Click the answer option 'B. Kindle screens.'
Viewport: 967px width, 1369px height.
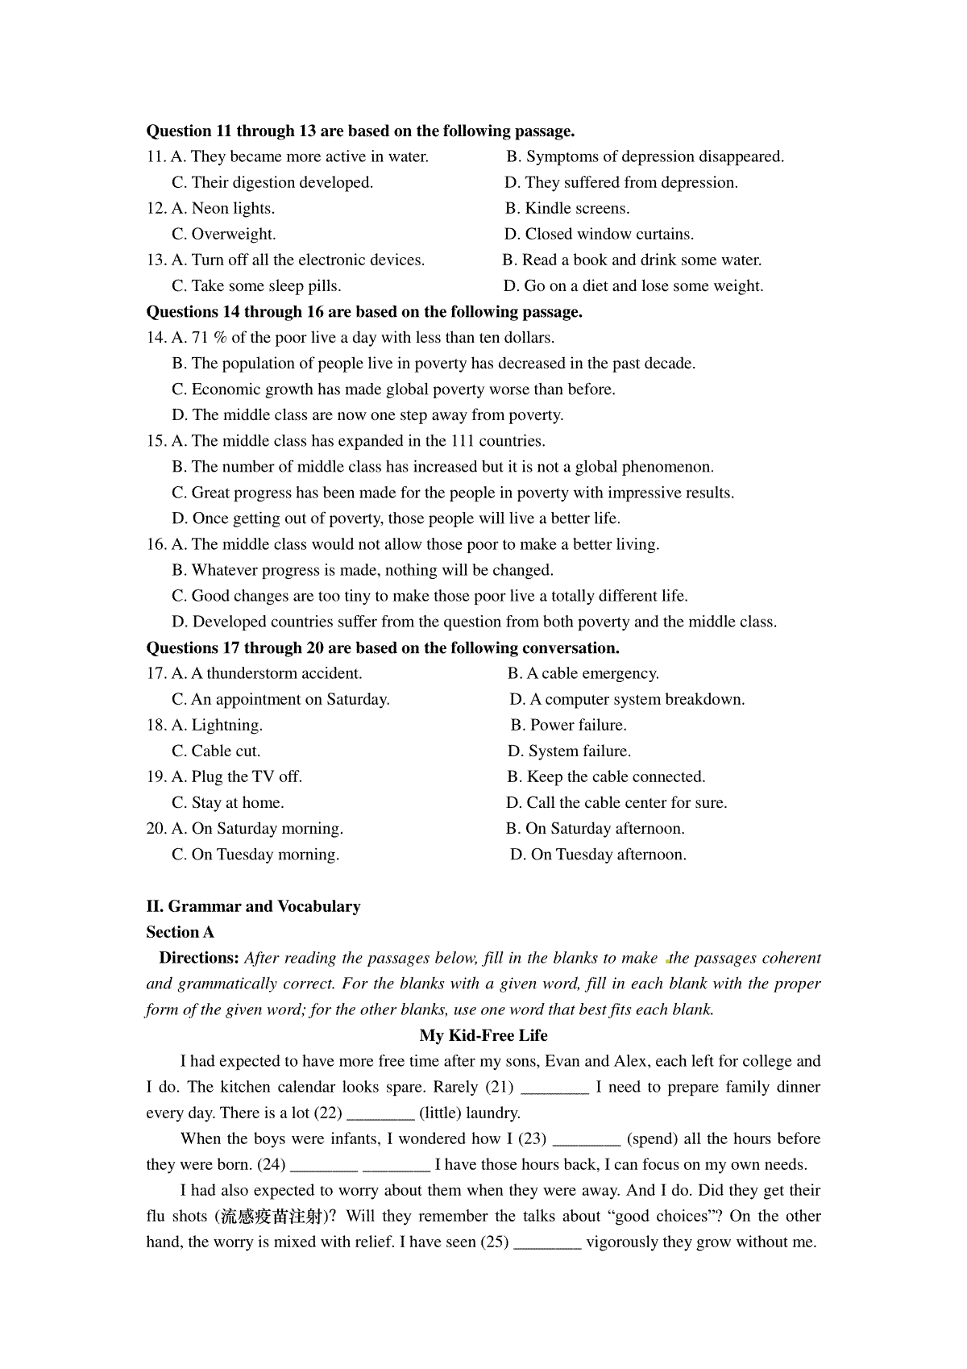567,209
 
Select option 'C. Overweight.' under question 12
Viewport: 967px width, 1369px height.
224,235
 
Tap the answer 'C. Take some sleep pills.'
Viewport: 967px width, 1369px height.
256,286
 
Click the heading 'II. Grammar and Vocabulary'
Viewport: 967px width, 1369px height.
253,906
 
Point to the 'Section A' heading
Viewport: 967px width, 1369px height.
180,932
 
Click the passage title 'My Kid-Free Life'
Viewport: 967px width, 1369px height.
483,1035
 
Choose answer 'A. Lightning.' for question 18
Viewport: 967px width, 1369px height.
217,726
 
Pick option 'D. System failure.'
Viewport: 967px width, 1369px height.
569,751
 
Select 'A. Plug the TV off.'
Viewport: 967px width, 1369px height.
237,777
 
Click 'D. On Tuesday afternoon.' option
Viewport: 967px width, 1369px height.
598,855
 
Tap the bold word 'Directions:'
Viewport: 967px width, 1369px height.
199,958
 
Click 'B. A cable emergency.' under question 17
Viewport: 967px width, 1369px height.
583,674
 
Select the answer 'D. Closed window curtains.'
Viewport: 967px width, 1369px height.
599,235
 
